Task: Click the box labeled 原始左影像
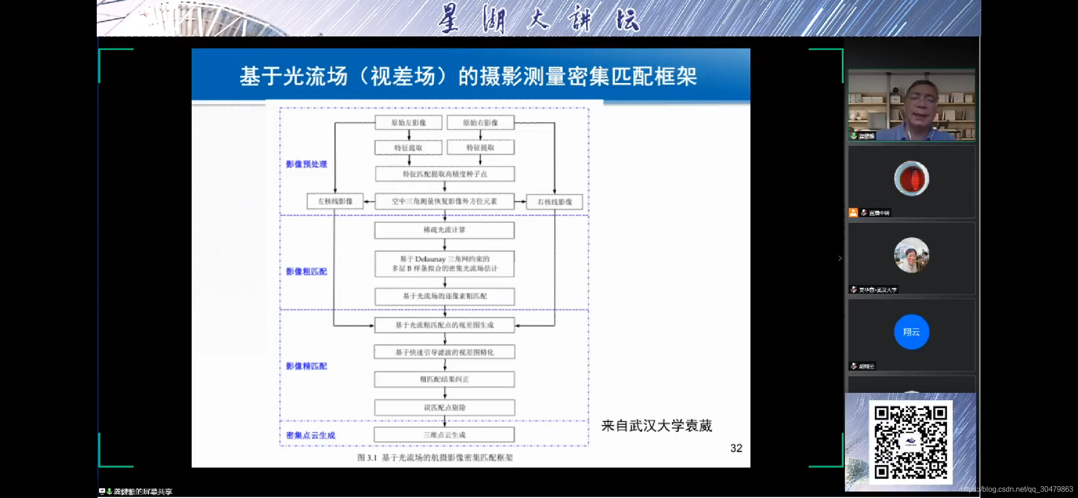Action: click(409, 123)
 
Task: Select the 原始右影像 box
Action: click(480, 123)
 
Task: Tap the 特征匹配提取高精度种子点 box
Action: click(445, 174)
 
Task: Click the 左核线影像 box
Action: click(335, 202)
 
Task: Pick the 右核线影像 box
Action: click(555, 202)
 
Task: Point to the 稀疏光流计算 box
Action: click(445, 230)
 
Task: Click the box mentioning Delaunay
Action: click(445, 264)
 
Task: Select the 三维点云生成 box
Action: click(445, 435)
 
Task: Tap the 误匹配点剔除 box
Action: click(445, 408)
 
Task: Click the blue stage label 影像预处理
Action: click(306, 164)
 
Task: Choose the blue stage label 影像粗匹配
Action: click(306, 272)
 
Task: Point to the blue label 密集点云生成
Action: click(311, 435)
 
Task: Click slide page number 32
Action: click(736, 448)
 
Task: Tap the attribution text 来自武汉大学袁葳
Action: click(656, 426)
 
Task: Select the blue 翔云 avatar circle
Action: click(911, 332)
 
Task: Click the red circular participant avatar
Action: click(911, 178)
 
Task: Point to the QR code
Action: click(911, 442)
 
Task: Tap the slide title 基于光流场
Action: click(468, 76)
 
